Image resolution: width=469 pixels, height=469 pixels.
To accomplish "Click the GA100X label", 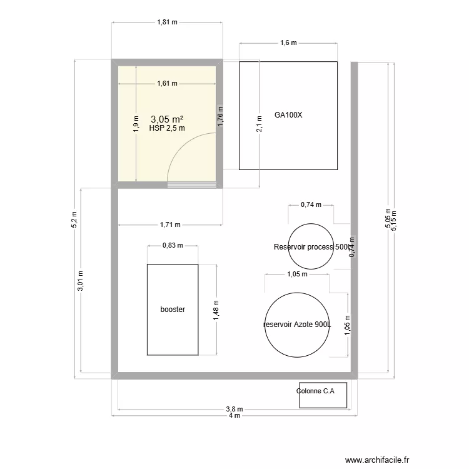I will [288, 115].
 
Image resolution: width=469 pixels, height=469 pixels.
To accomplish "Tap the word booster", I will [173, 310].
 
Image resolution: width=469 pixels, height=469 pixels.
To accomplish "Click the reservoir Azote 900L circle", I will [298, 325].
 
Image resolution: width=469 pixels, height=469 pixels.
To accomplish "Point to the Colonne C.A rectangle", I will [323, 395].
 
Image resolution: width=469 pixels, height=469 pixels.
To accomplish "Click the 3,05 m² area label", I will [167, 118].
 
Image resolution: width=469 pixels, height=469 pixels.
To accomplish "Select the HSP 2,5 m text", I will [167, 128].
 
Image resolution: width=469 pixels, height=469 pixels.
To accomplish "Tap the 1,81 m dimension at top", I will [167, 22].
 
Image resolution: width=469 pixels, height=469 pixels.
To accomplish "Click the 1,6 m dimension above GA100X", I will [288, 43].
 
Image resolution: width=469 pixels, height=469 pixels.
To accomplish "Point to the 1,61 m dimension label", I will [167, 83].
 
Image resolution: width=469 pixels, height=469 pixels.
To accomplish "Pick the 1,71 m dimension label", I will [170, 224].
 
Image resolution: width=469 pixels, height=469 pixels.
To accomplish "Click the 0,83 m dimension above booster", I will [173, 245].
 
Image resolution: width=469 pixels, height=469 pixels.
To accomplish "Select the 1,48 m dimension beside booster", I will [216, 310].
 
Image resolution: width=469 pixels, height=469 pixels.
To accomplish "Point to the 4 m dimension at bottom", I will [234, 416].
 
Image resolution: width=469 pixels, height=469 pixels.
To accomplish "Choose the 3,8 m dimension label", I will [234, 410].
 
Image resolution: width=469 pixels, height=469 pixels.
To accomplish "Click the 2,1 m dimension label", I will [260, 124].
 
